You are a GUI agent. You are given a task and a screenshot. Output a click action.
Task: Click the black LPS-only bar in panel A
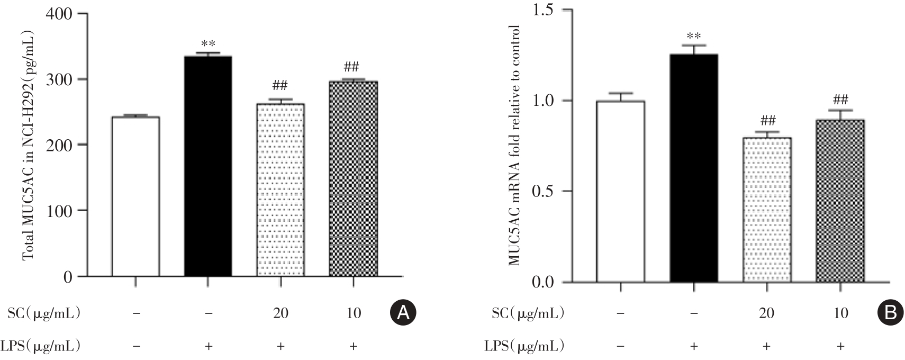208,166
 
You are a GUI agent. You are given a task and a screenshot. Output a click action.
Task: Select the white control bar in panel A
135,196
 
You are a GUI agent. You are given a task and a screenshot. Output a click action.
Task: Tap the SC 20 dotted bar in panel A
280,190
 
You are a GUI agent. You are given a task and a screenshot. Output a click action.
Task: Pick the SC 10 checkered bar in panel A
353,178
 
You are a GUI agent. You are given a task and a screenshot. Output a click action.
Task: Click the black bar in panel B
693,168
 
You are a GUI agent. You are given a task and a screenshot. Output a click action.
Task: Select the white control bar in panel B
620,191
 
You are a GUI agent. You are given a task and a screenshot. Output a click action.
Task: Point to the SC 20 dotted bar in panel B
766,210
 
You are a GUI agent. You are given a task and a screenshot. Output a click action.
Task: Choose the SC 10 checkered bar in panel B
840,201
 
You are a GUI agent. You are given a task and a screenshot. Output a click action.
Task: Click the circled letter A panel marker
403,313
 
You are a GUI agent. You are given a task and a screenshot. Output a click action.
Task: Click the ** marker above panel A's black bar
208,44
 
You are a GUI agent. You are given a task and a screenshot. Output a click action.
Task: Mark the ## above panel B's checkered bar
840,100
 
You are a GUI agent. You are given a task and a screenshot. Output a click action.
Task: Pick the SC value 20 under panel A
280,313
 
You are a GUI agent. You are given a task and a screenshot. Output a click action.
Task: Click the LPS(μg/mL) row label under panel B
524,346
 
